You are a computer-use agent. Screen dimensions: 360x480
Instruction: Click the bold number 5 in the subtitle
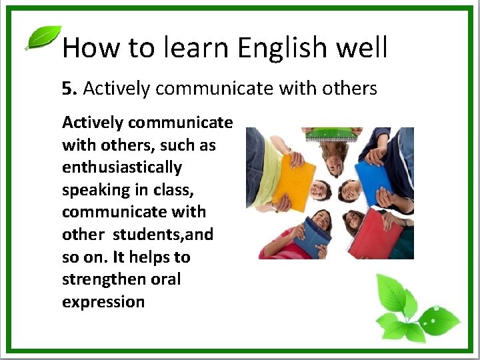click(67, 88)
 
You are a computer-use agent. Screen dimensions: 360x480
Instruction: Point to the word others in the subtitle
click(350, 88)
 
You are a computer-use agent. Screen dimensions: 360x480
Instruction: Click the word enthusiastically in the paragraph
click(122, 167)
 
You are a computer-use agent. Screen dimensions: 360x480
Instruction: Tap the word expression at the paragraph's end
click(103, 301)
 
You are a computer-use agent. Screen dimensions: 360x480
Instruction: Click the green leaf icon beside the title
click(43, 38)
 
